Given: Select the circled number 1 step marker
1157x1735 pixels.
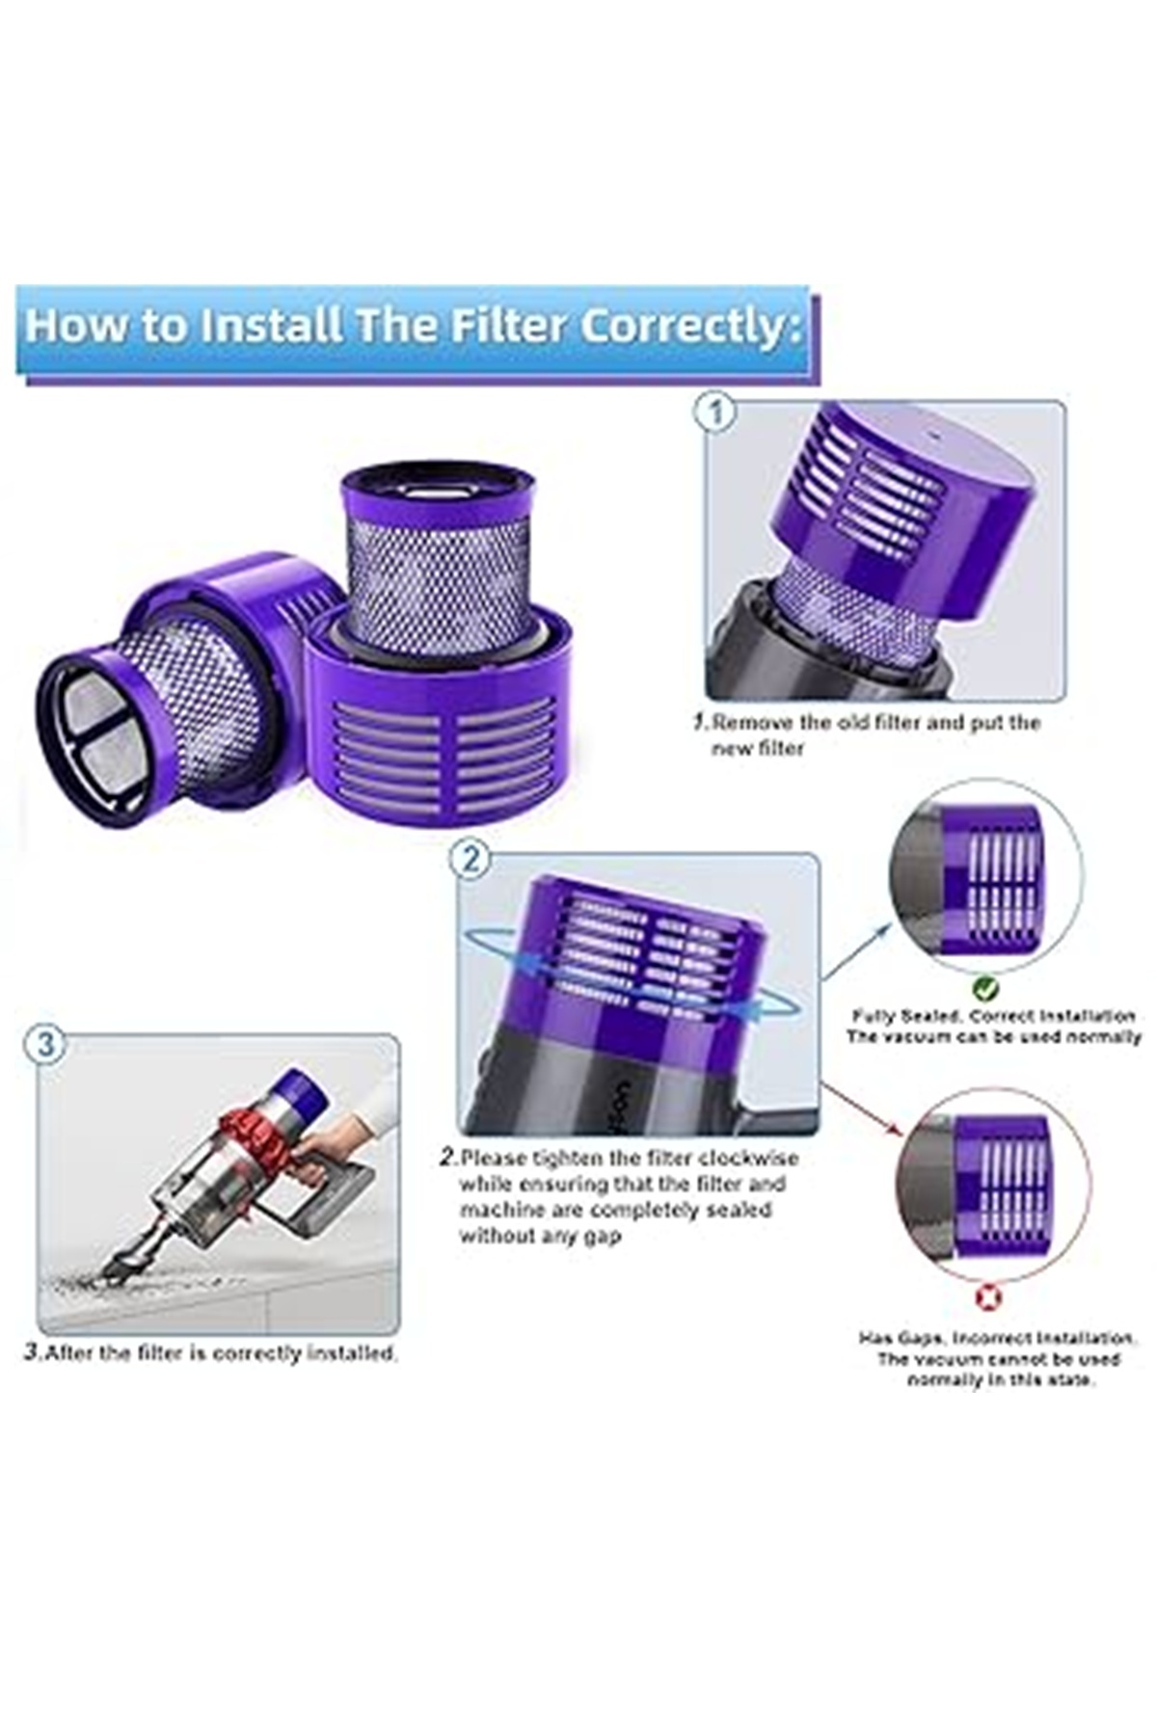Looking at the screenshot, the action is click(715, 414).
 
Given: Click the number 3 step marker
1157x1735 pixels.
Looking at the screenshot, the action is click(47, 1045).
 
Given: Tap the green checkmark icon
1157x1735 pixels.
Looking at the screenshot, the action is click(985, 987).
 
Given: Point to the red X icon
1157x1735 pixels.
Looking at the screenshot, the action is click(989, 1297).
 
